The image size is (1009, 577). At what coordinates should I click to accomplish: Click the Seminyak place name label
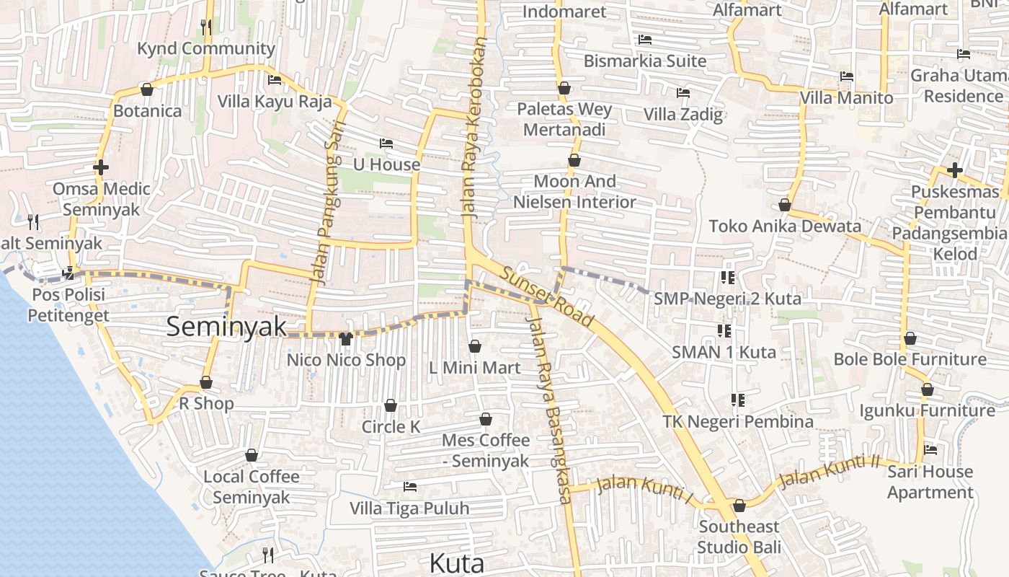(x=226, y=327)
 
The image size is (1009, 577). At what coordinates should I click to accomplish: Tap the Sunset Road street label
(x=547, y=296)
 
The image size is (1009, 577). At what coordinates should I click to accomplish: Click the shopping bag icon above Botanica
(x=147, y=89)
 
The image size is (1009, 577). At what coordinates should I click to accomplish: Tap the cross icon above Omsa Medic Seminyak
(x=101, y=167)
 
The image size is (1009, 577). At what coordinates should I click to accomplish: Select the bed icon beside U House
(x=386, y=144)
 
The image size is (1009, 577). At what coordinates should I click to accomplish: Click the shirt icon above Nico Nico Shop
(x=346, y=338)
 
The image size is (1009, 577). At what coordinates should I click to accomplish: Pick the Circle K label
(x=391, y=427)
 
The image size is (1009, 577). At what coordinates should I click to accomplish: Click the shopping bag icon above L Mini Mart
(x=474, y=347)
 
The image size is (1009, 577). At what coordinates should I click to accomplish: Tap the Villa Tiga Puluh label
(x=409, y=508)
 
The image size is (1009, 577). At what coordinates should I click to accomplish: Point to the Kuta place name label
(x=457, y=563)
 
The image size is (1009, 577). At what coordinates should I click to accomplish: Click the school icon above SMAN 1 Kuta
(x=724, y=331)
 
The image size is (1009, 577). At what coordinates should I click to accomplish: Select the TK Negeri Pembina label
(x=738, y=421)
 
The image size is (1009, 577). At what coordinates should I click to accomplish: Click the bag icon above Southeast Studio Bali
(x=739, y=506)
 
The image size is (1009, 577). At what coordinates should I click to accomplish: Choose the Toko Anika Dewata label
(x=785, y=226)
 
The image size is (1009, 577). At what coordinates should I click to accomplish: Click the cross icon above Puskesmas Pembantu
(x=955, y=170)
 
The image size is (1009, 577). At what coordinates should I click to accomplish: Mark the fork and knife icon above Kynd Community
(x=207, y=27)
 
